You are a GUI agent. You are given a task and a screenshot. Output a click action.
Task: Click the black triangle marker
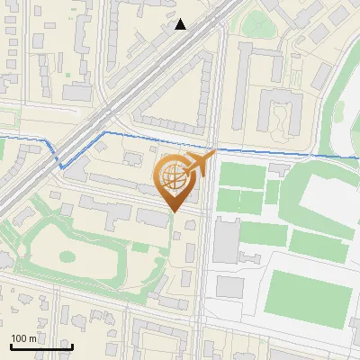pyautogui.click(x=181, y=24)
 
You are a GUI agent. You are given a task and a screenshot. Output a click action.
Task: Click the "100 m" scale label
pyautogui.click(x=24, y=338)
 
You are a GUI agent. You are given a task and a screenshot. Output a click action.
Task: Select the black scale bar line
pyautogui.click(x=40, y=346)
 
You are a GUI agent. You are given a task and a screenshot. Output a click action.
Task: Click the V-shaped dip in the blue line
pyautogui.click(x=60, y=166)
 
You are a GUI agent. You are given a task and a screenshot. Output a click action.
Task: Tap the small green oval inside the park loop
pyautogui.click(x=67, y=256)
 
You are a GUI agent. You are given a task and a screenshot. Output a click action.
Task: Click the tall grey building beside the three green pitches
pyautogui.click(x=225, y=241)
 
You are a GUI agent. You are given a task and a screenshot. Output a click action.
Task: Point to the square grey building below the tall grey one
pyautogui.click(x=230, y=286)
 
